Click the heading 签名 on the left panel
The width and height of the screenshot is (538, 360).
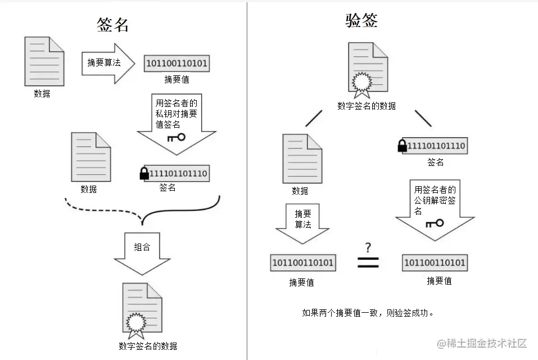[112, 24]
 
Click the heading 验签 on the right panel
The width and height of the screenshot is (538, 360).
[361, 21]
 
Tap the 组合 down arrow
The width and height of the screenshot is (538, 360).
[142, 250]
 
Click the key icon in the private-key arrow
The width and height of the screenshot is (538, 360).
[176, 137]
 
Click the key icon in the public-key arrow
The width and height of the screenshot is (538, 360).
[435, 223]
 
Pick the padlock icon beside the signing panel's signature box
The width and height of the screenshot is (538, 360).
[144, 174]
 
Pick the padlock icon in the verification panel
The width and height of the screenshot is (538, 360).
[402, 146]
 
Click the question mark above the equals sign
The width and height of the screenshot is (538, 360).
[368, 247]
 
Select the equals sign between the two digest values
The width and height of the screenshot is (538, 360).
[368, 262]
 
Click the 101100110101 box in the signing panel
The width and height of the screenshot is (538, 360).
[177, 64]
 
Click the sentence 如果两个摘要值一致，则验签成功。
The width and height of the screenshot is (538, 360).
[368, 313]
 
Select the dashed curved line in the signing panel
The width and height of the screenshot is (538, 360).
[104, 210]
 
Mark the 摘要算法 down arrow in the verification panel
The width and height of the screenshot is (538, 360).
[302, 223]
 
